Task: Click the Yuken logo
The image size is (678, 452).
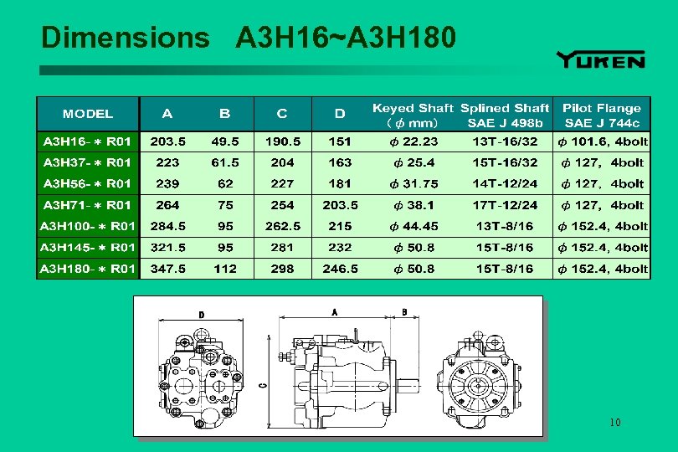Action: [600, 59]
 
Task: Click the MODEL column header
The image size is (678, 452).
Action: [88, 113]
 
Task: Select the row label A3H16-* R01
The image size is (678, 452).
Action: [88, 141]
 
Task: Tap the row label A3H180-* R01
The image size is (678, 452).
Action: [88, 269]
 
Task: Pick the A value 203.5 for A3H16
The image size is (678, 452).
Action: [168, 141]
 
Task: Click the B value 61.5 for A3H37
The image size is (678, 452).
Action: [224, 162]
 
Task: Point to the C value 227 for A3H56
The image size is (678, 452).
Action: [282, 183]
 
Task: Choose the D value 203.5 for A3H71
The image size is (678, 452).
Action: [340, 205]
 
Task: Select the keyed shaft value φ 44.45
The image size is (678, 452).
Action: [413, 226]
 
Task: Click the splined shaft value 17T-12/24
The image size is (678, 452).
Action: [505, 205]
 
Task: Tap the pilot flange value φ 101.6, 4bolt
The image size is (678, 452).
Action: [602, 141]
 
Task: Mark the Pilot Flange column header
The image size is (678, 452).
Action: [602, 115]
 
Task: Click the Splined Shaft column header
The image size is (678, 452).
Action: [505, 115]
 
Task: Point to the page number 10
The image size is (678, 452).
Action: [615, 423]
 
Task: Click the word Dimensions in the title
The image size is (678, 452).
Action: [125, 38]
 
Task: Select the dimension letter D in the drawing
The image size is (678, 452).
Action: [201, 315]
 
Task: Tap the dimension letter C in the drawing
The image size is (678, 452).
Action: [264, 385]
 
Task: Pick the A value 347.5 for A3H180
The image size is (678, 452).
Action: [168, 269]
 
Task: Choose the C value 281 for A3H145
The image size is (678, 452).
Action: [282, 248]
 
